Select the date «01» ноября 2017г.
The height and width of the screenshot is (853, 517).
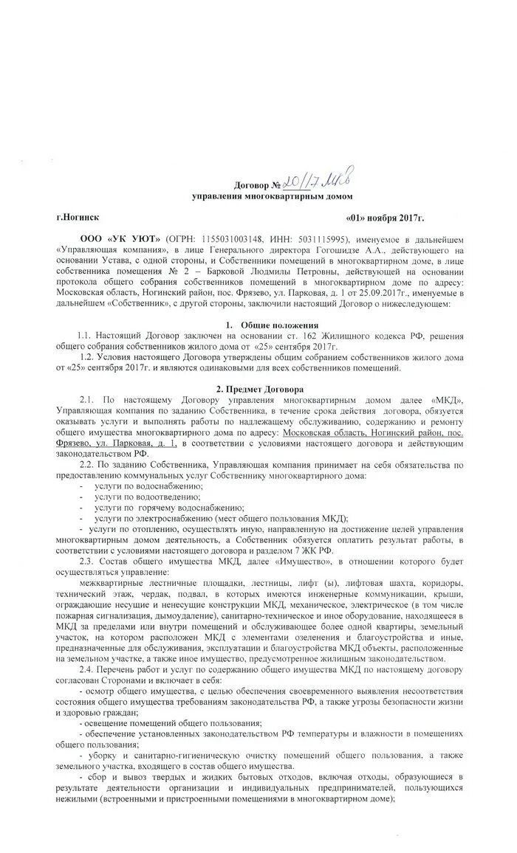385,219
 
